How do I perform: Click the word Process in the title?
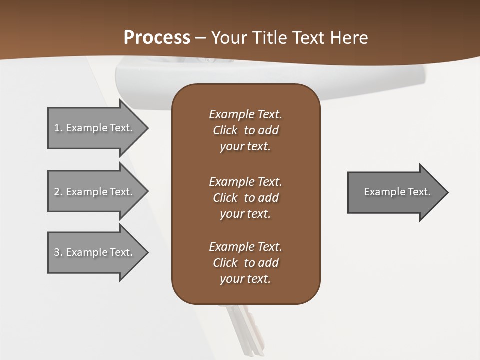point(157,38)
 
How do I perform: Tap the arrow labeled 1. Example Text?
point(95,128)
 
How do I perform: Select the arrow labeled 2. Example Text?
point(95,192)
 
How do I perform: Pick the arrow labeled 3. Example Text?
point(95,252)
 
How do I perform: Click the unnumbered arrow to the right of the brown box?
point(395,192)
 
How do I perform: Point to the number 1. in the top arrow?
point(58,128)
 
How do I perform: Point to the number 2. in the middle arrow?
point(58,192)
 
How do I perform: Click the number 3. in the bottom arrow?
point(58,252)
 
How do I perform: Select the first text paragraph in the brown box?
point(245,130)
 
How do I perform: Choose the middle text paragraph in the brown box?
point(245,198)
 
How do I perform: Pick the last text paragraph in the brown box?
point(245,263)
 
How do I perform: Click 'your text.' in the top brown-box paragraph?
point(245,147)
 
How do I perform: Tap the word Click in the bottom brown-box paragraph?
point(225,263)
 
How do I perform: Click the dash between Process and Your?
point(200,38)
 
